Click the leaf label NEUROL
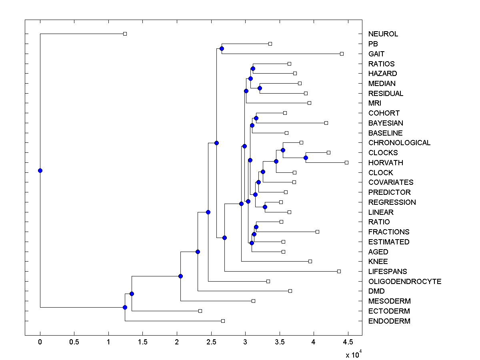pyautogui.click(x=383, y=34)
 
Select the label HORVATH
pyautogui.click(x=386, y=163)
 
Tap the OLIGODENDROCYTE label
pyautogui.click(x=405, y=282)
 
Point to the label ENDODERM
pyautogui.click(x=389, y=321)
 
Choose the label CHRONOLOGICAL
pyautogui.click(x=399, y=143)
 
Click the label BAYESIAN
pyautogui.click(x=386, y=123)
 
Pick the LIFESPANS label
pyautogui.click(x=388, y=272)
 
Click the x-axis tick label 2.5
pyautogui.click(x=211, y=342)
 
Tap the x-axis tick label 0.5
pyautogui.click(x=74, y=342)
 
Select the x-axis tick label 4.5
pyautogui.click(x=348, y=342)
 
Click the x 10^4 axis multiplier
pyautogui.click(x=354, y=354)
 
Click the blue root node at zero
pyautogui.click(x=40, y=170)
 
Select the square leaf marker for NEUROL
pyautogui.click(x=125, y=34)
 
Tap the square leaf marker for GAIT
pyautogui.click(x=342, y=54)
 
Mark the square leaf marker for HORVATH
pyautogui.click(x=346, y=162)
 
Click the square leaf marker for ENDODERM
pyautogui.click(x=223, y=321)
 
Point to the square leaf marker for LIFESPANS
pyautogui.click(x=339, y=271)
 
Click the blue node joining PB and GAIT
pyautogui.click(x=222, y=48)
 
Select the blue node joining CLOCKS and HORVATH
pyautogui.click(x=306, y=158)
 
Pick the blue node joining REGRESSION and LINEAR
pyautogui.click(x=265, y=207)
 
